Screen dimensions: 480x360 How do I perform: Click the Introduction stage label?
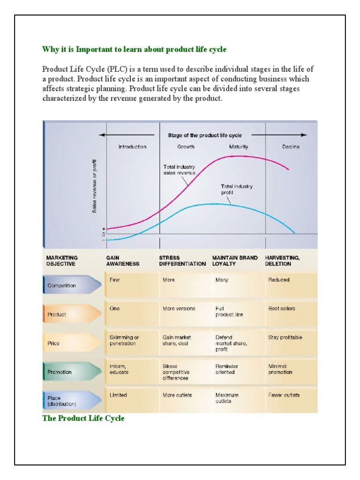(132, 147)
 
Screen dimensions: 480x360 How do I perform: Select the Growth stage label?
(186, 147)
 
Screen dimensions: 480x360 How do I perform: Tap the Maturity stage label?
(239, 147)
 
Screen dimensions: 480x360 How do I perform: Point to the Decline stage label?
(291, 147)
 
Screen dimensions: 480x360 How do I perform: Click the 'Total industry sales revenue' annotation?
(179, 170)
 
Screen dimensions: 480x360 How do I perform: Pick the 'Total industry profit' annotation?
(237, 189)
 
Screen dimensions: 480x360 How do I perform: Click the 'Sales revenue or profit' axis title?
(95, 187)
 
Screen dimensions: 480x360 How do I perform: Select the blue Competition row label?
(61, 285)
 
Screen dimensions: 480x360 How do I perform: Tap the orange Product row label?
(57, 315)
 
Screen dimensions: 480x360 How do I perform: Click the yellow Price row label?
(53, 343)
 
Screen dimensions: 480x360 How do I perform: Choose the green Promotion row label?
(60, 372)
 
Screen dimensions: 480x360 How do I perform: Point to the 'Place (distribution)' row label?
(61, 401)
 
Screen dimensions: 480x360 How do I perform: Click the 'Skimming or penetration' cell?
(124, 340)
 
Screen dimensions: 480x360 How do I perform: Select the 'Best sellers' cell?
(282, 308)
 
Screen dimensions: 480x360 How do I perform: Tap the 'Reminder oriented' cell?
(227, 369)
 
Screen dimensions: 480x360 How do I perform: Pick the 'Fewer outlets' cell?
(284, 395)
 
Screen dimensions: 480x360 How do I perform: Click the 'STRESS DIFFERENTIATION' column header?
(182, 261)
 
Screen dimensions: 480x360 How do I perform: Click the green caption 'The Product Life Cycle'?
(83, 418)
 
